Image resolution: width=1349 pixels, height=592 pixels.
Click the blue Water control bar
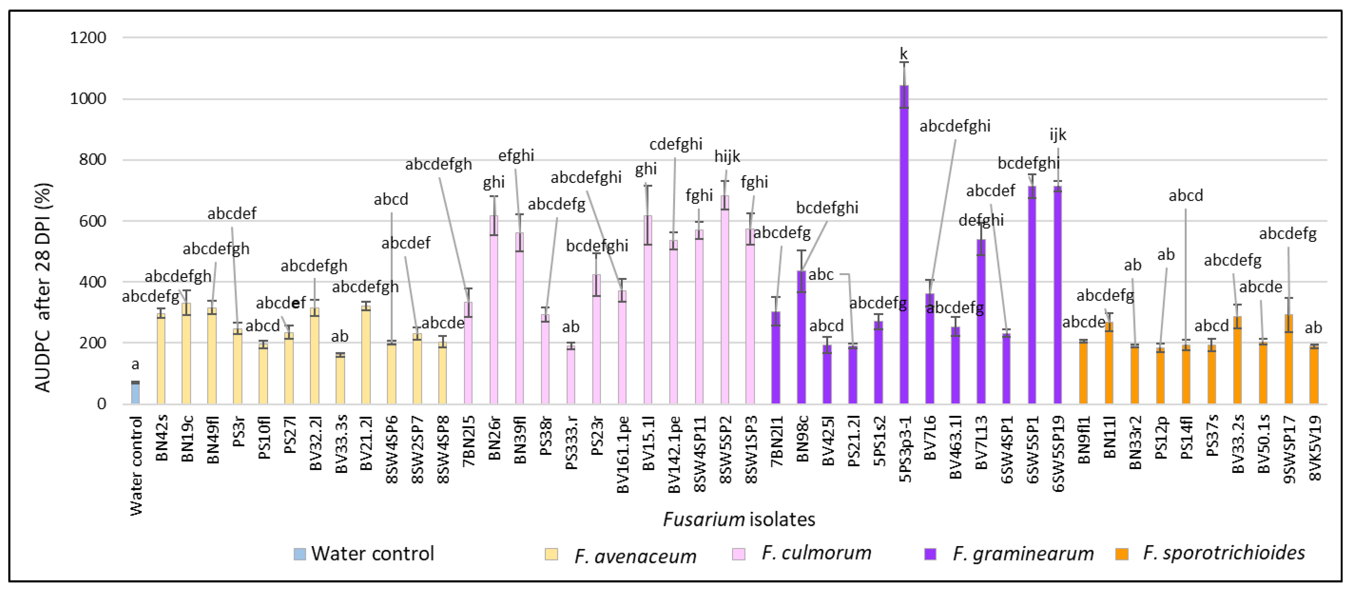pyautogui.click(x=135, y=393)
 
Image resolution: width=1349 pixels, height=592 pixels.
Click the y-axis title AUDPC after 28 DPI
pyautogui.click(x=43, y=287)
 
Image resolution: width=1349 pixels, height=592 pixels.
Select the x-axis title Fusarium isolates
pyautogui.click(x=739, y=519)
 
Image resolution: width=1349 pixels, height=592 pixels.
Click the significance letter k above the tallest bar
pyautogui.click(x=903, y=53)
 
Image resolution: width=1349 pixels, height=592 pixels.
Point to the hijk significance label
pyautogui.click(x=727, y=156)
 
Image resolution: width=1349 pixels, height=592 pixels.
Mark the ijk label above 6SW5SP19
pyautogui.click(x=1057, y=135)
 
